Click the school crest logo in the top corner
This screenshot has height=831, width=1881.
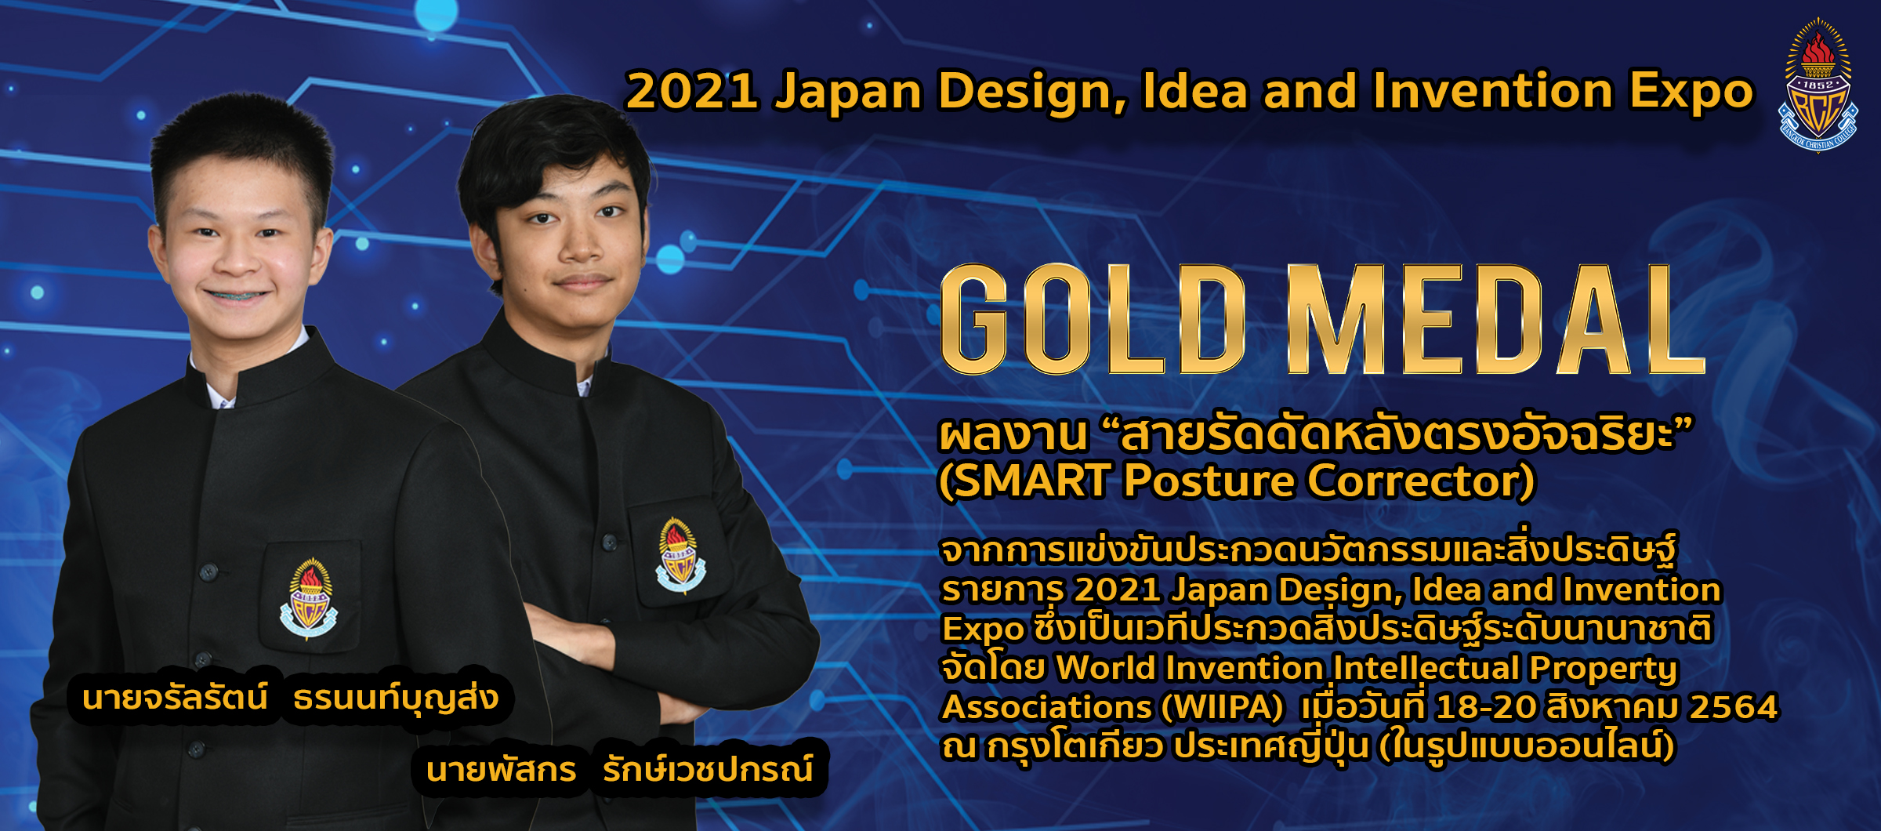coord(1818,85)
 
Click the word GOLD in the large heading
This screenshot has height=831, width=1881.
coord(1093,319)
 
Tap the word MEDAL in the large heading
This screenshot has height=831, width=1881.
coord(1495,319)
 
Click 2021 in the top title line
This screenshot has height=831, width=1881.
coord(692,91)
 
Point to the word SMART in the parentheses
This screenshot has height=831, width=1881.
coord(1035,481)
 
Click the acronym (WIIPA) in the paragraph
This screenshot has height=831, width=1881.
coord(1223,707)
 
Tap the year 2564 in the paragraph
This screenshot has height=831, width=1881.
coord(1734,707)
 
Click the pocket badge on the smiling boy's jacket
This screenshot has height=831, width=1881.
coord(309,597)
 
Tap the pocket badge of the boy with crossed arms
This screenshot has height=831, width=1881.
coord(680,555)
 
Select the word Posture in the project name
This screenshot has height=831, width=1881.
coord(1209,481)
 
